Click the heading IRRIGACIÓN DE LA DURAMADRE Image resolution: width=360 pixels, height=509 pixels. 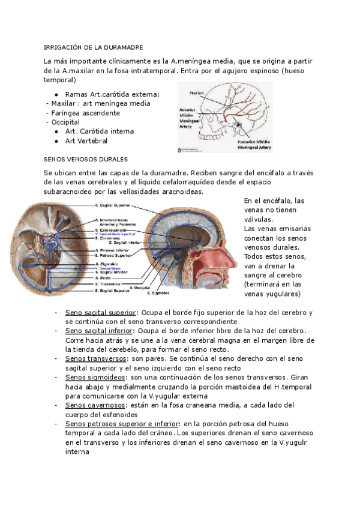pos(94,47)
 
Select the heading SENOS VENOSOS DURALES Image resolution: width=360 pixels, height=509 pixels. pos(86,160)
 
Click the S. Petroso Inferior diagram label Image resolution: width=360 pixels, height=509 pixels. pos(116,249)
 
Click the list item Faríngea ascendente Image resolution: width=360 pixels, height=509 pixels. pos(82,112)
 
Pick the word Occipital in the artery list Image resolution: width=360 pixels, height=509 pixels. pos(66,122)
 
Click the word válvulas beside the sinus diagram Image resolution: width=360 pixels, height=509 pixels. pos(259,220)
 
